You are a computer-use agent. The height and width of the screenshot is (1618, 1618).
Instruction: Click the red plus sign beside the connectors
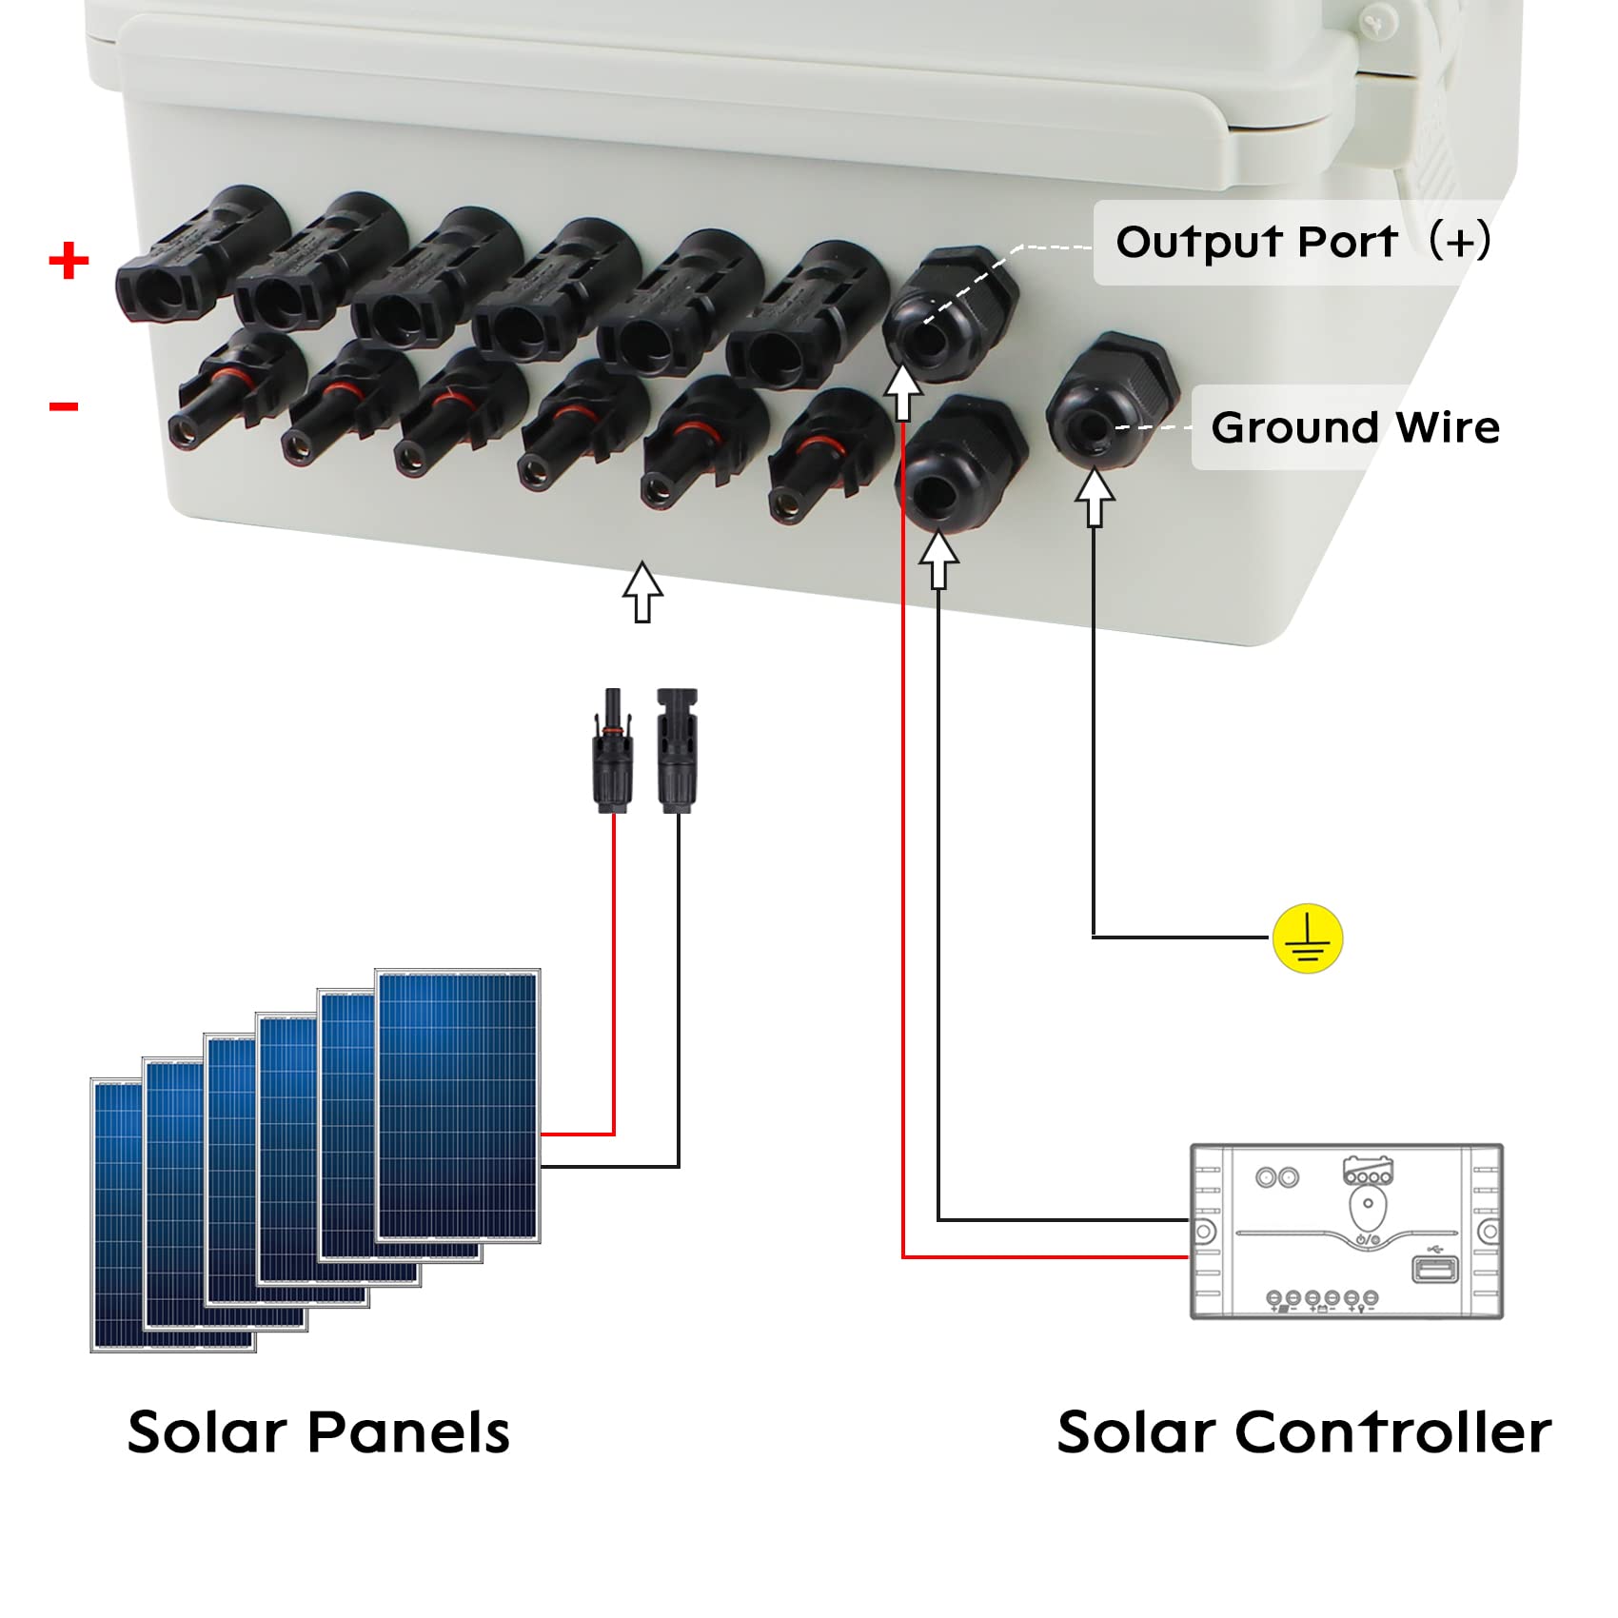click(x=69, y=260)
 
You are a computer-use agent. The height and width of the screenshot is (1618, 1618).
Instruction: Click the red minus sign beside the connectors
click(x=64, y=407)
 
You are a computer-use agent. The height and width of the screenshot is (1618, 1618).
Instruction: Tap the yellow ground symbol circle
click(x=1308, y=937)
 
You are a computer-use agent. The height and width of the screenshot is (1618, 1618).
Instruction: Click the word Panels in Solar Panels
click(x=409, y=1432)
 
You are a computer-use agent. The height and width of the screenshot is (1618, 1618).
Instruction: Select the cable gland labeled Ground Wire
click(x=1109, y=400)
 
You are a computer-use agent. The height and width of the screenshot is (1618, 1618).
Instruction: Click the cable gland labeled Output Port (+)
click(x=947, y=314)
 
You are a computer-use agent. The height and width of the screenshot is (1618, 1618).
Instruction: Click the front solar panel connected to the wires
click(x=458, y=1104)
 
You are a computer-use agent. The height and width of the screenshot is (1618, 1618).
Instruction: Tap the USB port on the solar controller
click(x=1434, y=1269)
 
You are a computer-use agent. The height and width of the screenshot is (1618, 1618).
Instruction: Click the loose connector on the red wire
click(x=613, y=752)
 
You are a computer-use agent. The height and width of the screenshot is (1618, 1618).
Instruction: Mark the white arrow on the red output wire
click(x=902, y=390)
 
